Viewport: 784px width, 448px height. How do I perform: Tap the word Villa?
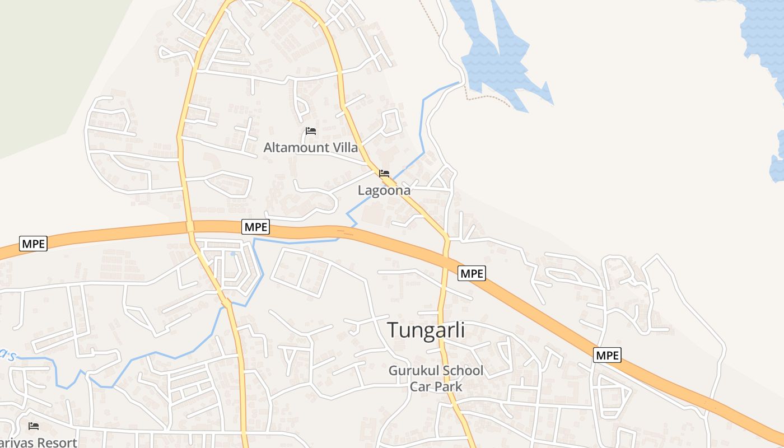coord(346,148)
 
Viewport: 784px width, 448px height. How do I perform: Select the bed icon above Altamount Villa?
coord(311,131)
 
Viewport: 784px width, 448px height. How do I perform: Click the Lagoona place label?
coord(384,190)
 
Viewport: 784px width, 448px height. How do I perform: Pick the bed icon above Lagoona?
coord(384,174)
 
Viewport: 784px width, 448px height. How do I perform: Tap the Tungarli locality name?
coord(426,330)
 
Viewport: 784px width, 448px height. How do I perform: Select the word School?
coord(463,371)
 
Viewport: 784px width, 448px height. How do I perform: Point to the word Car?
coord(419,386)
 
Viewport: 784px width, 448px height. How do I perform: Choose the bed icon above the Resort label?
coord(34,426)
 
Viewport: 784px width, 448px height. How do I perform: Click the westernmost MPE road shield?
coord(33,244)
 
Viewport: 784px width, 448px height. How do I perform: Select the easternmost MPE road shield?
coord(607,355)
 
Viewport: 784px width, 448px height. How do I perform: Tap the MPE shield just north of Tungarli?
coord(472,273)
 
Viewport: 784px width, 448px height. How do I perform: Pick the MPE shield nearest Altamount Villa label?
coord(256,227)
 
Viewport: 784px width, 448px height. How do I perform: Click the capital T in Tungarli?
coord(394,330)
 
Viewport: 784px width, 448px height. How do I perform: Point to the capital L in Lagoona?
coord(361,190)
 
